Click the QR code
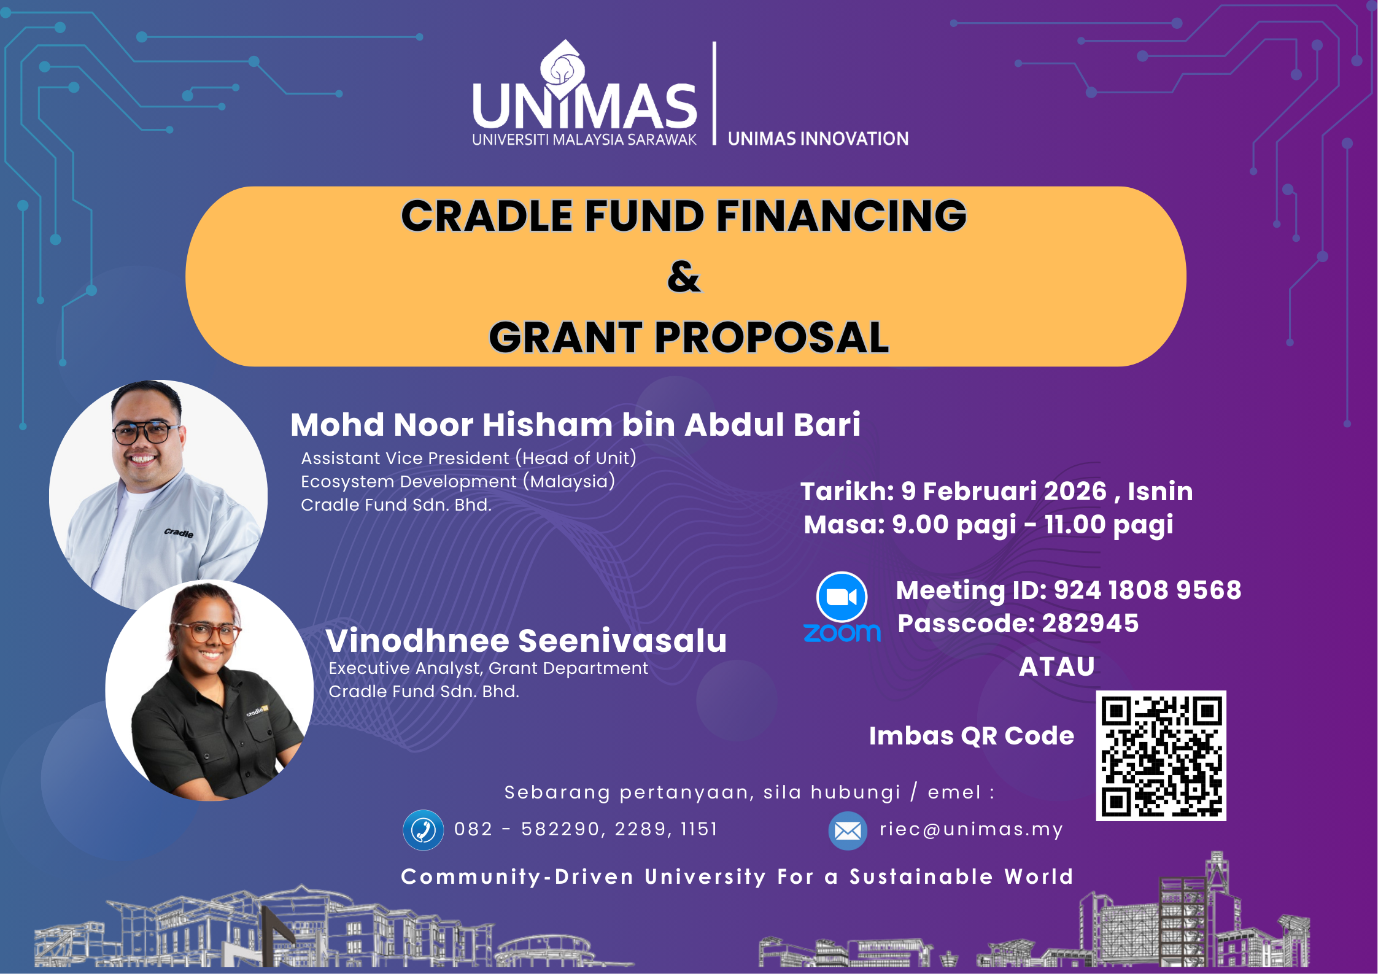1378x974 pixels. click(1161, 756)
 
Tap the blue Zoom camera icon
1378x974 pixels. click(842, 597)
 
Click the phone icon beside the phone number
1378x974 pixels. click(423, 830)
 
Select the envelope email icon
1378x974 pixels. click(848, 831)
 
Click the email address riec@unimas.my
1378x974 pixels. click(971, 829)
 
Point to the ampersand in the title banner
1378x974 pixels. click(684, 276)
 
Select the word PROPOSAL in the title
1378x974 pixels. click(772, 337)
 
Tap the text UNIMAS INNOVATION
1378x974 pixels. click(818, 139)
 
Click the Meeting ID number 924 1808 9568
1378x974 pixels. click(1147, 590)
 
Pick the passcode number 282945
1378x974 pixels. click(1090, 623)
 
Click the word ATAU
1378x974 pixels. click(1056, 667)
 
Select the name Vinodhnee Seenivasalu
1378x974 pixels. click(526, 640)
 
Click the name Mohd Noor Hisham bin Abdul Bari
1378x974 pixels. click(575, 424)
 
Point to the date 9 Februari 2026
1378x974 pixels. click(1004, 491)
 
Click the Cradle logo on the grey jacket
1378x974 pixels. click(179, 533)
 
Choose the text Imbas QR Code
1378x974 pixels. click(972, 735)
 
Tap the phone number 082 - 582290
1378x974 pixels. click(527, 829)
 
